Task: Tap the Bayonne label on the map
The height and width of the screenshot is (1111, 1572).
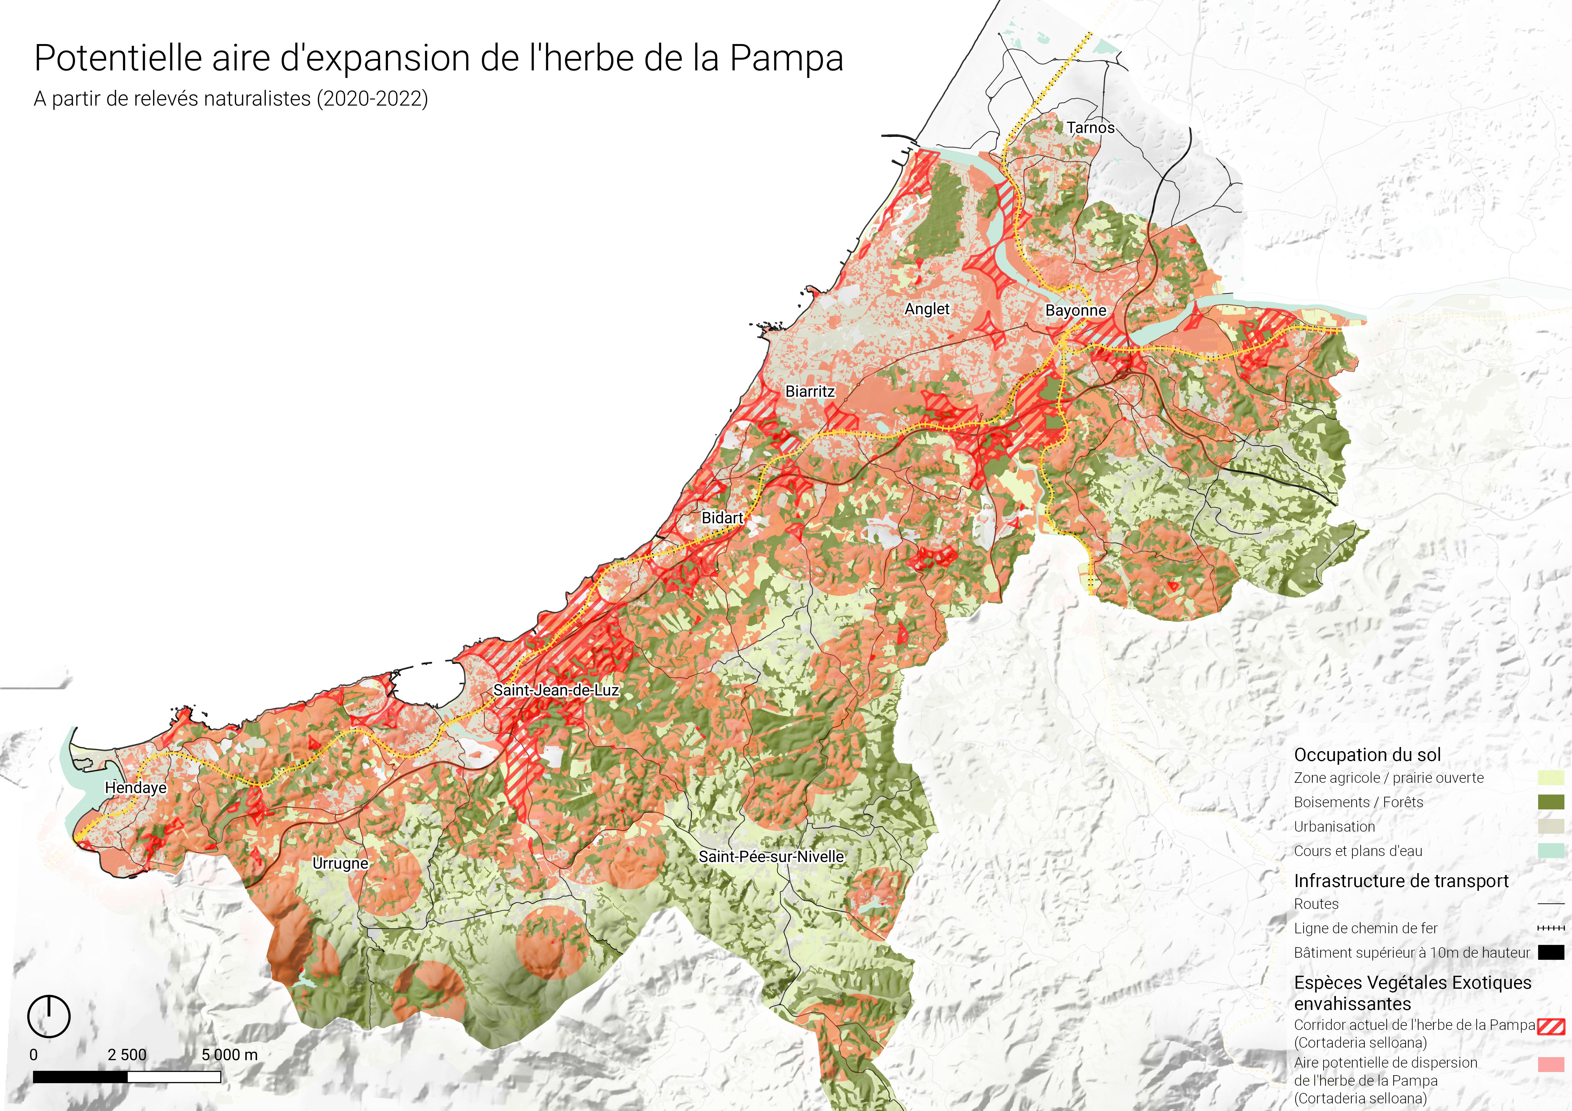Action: pyautogui.click(x=1076, y=311)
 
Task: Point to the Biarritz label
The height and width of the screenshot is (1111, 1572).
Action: pyautogui.click(x=810, y=392)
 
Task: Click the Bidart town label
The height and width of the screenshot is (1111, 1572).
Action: pyautogui.click(x=722, y=518)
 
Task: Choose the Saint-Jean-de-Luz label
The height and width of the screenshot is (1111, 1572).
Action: pyautogui.click(x=556, y=690)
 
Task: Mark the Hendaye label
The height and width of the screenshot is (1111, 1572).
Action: pyautogui.click(x=136, y=788)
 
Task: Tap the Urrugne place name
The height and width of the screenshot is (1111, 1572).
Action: pyautogui.click(x=340, y=864)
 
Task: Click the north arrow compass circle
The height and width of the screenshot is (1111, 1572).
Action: pyautogui.click(x=48, y=1017)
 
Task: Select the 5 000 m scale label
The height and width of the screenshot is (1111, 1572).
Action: pyautogui.click(x=229, y=1055)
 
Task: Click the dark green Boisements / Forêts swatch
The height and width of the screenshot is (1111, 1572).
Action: pyautogui.click(x=1551, y=802)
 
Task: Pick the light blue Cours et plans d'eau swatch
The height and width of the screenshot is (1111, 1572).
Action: pyautogui.click(x=1551, y=851)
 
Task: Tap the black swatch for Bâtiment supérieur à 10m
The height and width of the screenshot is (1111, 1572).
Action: pyautogui.click(x=1551, y=952)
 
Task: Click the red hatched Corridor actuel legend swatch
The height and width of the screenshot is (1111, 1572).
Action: pyautogui.click(x=1551, y=1026)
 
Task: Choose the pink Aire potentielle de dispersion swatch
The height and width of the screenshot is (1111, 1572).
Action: pyautogui.click(x=1551, y=1064)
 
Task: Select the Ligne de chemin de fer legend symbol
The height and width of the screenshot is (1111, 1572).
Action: pyautogui.click(x=1551, y=928)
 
